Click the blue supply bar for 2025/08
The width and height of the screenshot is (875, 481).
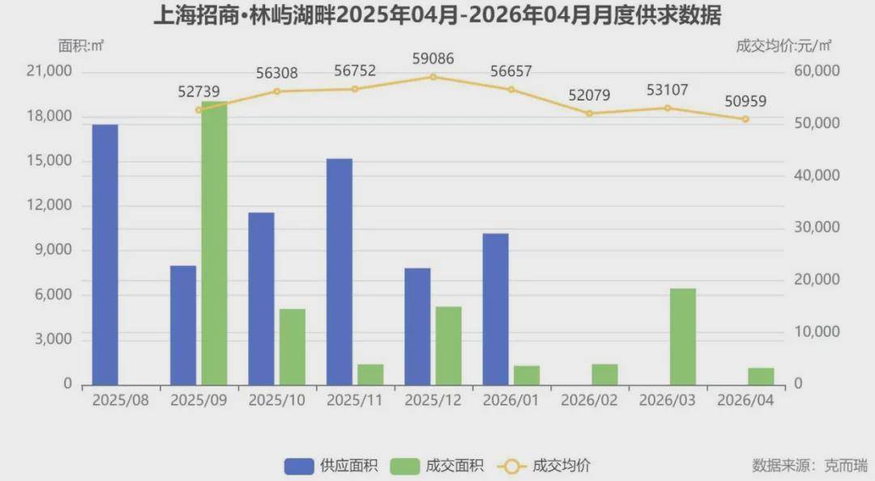[x=105, y=254]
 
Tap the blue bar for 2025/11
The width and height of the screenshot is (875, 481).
[x=339, y=271]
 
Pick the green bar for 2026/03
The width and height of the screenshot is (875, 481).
[x=683, y=336]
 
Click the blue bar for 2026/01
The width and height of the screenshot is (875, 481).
[x=496, y=309]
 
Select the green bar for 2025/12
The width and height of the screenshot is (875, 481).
[x=449, y=345]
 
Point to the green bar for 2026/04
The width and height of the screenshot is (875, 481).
[x=762, y=376]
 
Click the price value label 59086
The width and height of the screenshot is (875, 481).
[x=433, y=58]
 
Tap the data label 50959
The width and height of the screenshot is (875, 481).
[x=745, y=101]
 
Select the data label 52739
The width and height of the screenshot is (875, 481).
[x=199, y=92]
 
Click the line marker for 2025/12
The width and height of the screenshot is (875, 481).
[x=433, y=77]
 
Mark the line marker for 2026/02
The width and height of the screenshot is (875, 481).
[x=590, y=113]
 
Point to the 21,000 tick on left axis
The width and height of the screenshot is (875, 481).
[x=49, y=71]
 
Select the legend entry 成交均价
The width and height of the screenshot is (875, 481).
[x=546, y=466]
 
